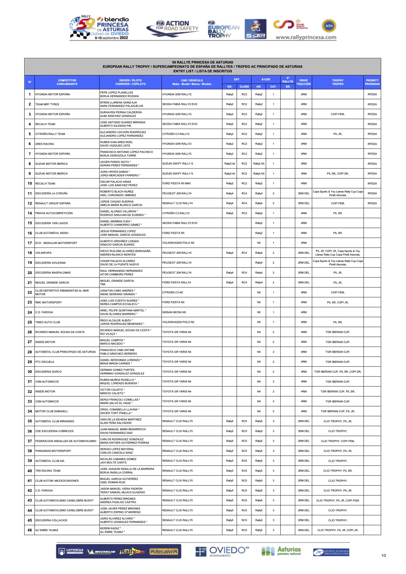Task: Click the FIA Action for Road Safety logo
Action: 173,28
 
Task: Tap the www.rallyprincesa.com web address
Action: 306,37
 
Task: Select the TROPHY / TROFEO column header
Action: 338,82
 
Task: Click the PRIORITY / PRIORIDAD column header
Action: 372,82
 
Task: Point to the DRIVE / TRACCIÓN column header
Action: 304,82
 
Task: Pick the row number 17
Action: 30,243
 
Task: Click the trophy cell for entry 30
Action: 338,372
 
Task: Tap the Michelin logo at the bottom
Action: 101,552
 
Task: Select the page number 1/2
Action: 384,555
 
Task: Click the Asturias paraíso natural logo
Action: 281,551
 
